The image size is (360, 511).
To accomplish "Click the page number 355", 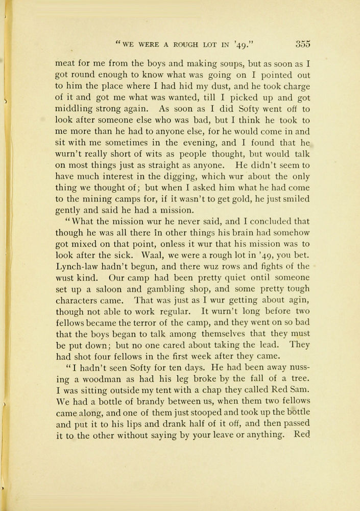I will [x=302, y=44].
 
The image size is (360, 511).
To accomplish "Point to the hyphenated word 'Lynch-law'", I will [x=76, y=267].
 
